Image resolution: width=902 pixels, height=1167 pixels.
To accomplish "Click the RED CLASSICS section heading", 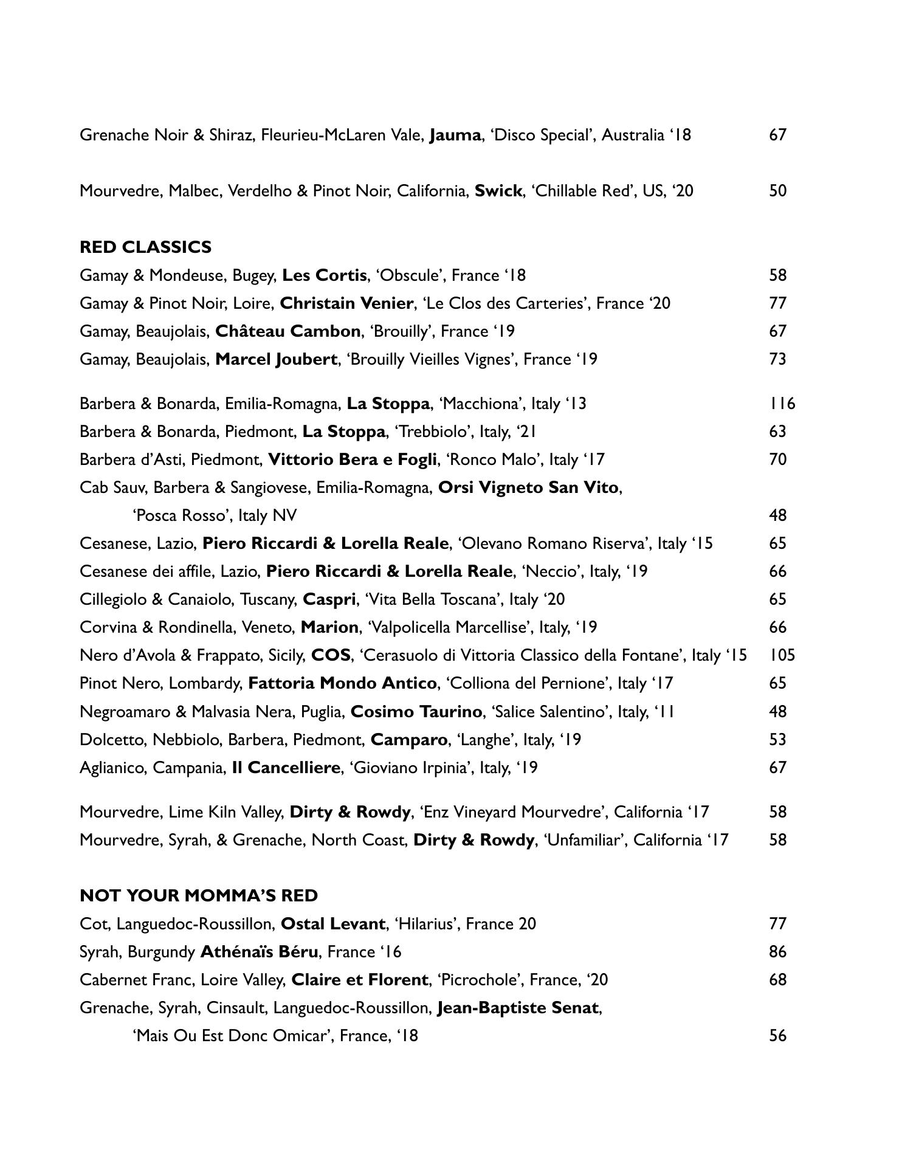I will click(145, 247).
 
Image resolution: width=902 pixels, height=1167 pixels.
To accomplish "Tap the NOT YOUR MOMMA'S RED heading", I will click(199, 896).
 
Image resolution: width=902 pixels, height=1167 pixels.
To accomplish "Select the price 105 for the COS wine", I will click(782, 655).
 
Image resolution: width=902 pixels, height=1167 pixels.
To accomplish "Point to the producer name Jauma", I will click(455, 135).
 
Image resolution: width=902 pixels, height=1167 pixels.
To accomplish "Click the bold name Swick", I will click(498, 191).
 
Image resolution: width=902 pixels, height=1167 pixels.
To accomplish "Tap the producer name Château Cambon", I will click(287, 331).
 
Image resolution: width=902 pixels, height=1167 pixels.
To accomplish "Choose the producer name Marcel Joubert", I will click(276, 359).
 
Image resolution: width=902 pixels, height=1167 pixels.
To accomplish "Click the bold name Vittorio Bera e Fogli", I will click(352, 460).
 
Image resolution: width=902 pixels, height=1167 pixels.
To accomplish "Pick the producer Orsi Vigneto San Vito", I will click(528, 487).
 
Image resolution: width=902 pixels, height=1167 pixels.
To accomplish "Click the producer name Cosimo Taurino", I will click(416, 712).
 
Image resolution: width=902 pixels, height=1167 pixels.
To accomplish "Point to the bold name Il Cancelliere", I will click(286, 768).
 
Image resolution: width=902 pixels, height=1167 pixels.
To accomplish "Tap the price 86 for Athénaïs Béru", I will click(777, 952).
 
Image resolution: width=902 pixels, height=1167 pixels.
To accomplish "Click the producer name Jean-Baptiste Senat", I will click(518, 1008).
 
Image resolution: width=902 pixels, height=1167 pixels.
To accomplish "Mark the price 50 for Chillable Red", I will click(777, 191).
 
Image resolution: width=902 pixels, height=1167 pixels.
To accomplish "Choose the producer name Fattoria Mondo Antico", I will click(342, 684).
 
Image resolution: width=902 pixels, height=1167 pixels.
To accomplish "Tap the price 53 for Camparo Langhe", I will click(777, 740).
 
